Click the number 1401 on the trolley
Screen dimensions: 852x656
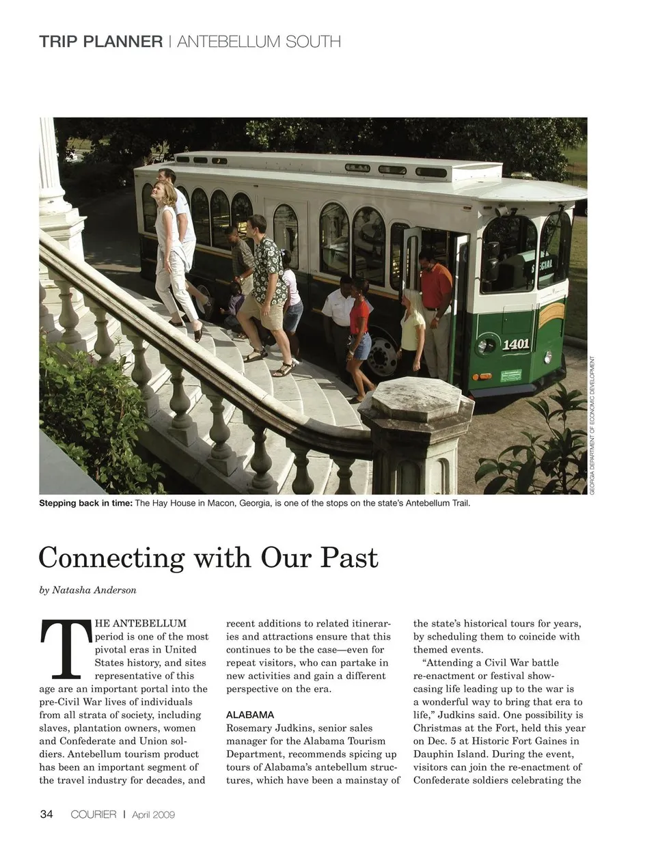coord(516,344)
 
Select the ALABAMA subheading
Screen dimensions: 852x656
coord(250,715)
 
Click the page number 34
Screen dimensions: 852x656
coord(46,814)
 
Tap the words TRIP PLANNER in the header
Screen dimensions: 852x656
coord(100,41)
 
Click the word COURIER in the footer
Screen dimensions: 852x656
coord(94,814)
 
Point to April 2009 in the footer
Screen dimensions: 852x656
coord(154,814)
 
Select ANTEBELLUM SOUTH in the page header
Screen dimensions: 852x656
coord(258,41)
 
